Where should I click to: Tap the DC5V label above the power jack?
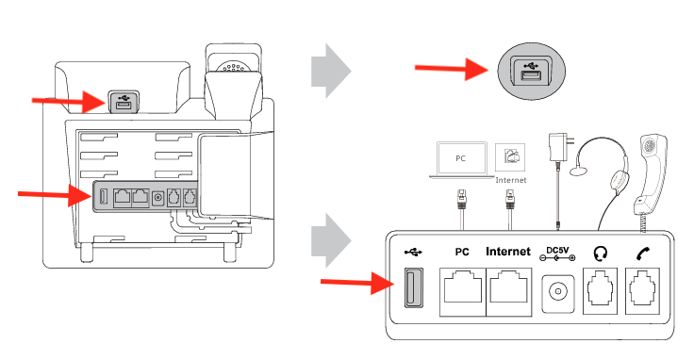pyautogui.click(x=559, y=253)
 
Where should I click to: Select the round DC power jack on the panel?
pyautogui.click(x=558, y=291)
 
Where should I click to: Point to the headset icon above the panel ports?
pyautogui.click(x=601, y=253)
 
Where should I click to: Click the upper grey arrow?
pyautogui.click(x=330, y=69)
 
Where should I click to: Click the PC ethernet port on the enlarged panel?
pyautogui.click(x=463, y=291)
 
